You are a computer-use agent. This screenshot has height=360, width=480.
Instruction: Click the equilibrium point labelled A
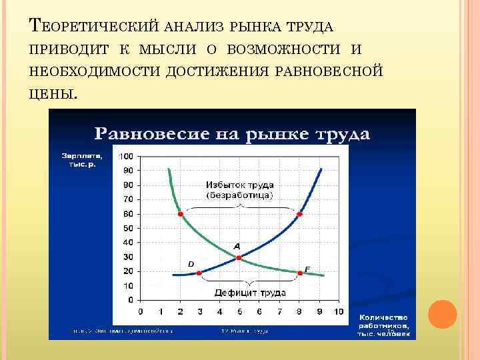click(x=238, y=257)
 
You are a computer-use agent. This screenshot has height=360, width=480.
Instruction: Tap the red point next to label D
click(x=199, y=273)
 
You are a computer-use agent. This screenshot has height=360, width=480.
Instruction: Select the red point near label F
click(x=299, y=273)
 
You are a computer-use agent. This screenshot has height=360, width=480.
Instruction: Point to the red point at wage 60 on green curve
click(x=180, y=214)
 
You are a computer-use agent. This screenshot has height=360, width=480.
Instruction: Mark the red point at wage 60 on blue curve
click(x=299, y=214)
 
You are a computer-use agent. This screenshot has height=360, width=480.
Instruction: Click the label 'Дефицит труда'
click(x=249, y=293)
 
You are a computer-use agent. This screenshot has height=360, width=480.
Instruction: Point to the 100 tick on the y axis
click(x=126, y=156)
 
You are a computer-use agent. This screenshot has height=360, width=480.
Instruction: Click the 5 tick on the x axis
click(x=239, y=311)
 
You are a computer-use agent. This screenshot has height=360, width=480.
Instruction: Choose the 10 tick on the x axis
click(x=338, y=311)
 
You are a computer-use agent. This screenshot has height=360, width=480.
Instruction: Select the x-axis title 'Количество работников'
click(x=383, y=324)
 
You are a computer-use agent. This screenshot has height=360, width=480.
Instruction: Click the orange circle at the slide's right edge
click(x=442, y=314)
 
